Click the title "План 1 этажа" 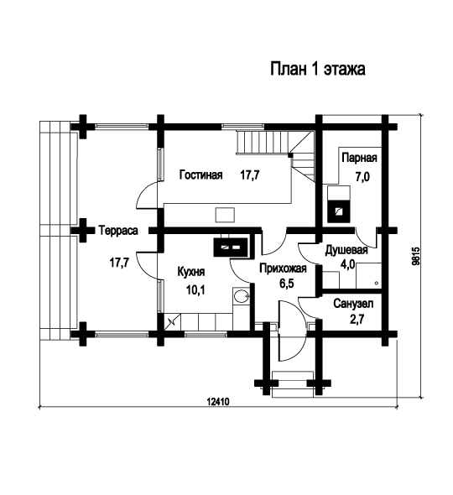pos(318,69)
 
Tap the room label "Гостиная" pos(200,175)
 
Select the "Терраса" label pos(118,231)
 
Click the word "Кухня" pos(191,272)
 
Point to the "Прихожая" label pos(283,268)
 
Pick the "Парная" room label pos(359,158)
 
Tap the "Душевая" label pos(346,250)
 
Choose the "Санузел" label pos(353,304)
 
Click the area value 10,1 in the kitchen pos(195,289)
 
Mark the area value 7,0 pos(362,177)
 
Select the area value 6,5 pos(287,284)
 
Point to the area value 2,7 pos(357,319)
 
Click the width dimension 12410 pos(218,402)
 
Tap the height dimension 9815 pos(417,256)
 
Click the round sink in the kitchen pos(241,296)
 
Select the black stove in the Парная pos(338,211)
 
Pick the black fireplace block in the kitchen pos(231,247)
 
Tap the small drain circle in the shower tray pos(376,284)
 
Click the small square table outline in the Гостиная pos(225,215)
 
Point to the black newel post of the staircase pos(289,155)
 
